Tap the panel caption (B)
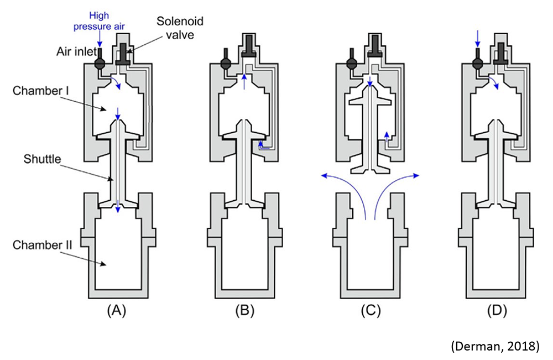point(244,311)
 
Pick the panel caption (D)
point(495,311)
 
